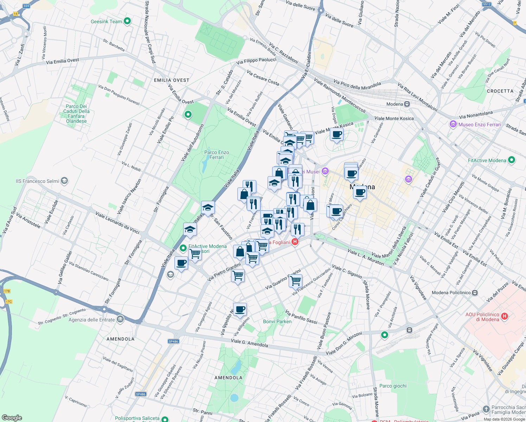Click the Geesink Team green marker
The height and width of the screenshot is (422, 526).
[127, 21]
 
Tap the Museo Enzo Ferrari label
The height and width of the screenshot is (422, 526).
[480, 124]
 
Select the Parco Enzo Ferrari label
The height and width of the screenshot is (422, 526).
[217, 155]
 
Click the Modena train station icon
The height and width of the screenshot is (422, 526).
[407, 104]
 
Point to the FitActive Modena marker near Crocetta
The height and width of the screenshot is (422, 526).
[512, 160]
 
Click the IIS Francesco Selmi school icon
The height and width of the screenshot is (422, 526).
[64, 181]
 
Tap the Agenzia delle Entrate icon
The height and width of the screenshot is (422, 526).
[120, 319]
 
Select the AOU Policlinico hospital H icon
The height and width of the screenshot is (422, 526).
[505, 316]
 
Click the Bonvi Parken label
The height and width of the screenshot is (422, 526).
[277, 321]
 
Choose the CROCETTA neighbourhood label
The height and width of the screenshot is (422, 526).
[500, 91]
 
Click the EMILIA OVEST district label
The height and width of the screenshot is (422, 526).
[172, 80]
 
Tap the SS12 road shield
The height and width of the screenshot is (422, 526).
[487, 4]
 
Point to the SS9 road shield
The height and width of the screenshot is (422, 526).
[26, 6]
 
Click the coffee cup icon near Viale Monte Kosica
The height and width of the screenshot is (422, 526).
[336, 134]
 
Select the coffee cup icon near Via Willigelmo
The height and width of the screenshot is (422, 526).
[240, 309]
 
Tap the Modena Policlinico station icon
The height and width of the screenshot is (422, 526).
[475, 293]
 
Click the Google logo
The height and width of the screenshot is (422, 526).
[12, 418]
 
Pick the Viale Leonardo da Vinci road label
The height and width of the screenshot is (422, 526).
[117, 222]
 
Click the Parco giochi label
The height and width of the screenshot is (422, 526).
[393, 386]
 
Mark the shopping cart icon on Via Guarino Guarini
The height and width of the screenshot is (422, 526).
[295, 281]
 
